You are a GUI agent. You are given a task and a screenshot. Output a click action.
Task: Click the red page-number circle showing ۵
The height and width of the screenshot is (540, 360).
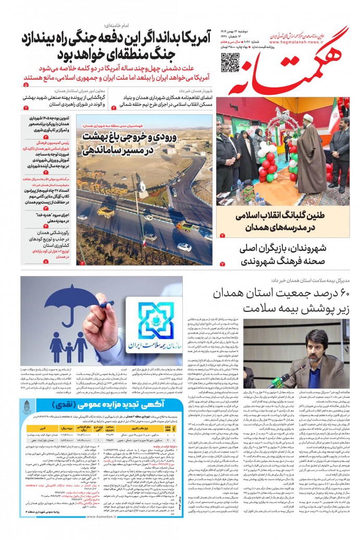tap(26, 84)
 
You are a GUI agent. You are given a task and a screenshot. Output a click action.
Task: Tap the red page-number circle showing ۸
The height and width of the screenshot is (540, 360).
tap(46, 262)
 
